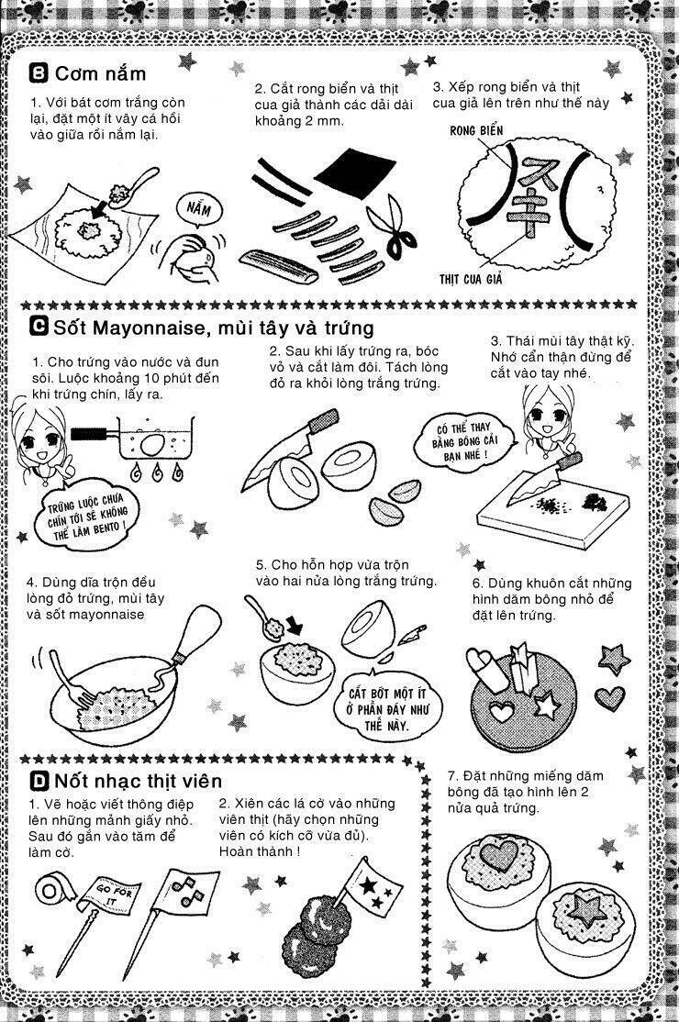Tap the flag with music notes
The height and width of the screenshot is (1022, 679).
pyautogui.click(x=189, y=889)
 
